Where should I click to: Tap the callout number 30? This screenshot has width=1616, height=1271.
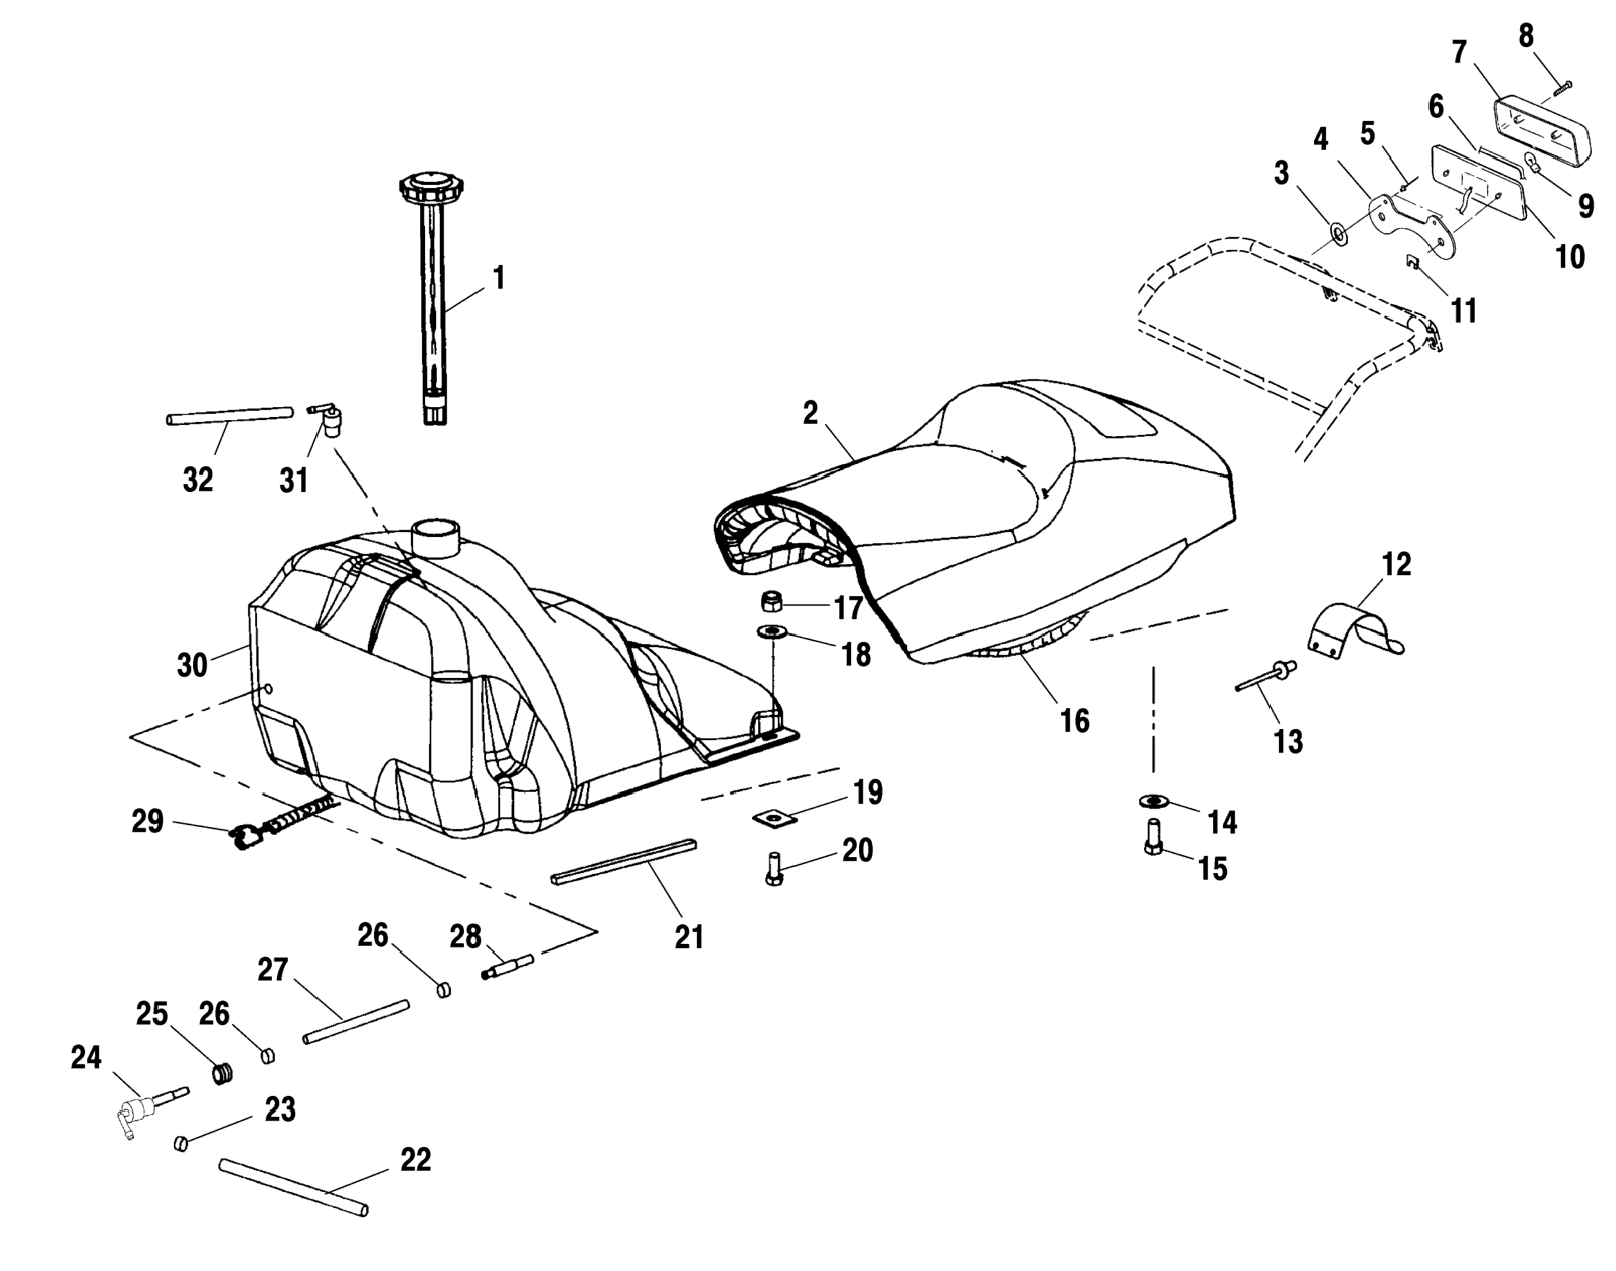(x=192, y=665)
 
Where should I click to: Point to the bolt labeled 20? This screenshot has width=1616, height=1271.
(x=773, y=868)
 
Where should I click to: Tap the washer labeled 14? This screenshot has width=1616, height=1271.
(x=1153, y=801)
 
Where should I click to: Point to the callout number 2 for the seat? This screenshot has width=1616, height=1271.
(x=810, y=414)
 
